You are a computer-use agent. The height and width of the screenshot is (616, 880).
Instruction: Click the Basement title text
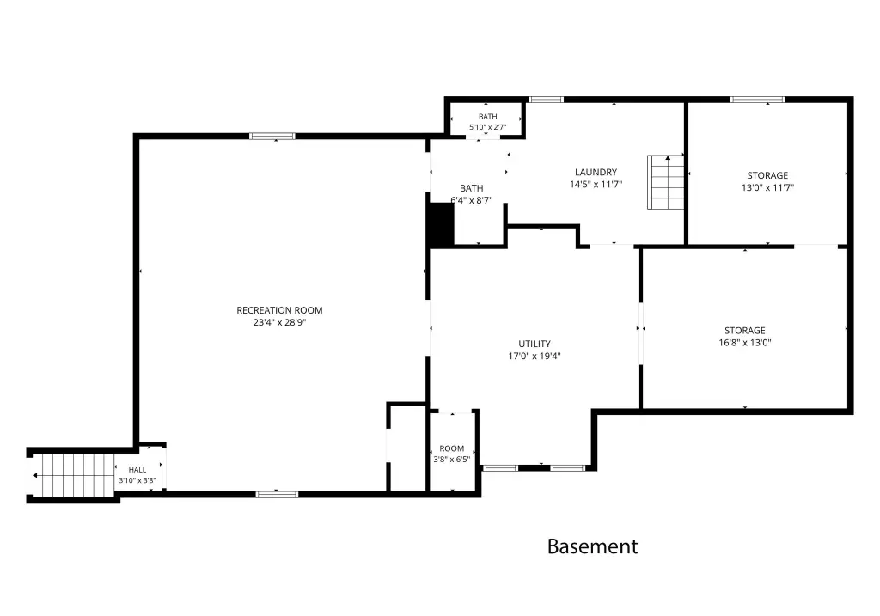click(592, 546)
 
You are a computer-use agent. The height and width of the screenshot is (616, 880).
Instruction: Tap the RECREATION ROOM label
click(279, 310)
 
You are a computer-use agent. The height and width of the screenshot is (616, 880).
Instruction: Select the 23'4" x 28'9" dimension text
click(279, 322)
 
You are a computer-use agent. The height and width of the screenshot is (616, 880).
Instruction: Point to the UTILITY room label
click(535, 344)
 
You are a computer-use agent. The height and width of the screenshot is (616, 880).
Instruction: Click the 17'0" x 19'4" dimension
click(535, 356)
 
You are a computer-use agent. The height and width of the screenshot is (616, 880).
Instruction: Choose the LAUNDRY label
click(596, 172)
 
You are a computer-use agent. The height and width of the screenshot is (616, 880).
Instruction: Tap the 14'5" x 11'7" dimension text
click(596, 184)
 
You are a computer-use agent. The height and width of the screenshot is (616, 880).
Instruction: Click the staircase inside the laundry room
click(666, 182)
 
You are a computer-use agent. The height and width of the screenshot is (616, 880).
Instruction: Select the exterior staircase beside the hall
click(73, 475)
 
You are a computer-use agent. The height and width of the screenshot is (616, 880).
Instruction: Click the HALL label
click(137, 470)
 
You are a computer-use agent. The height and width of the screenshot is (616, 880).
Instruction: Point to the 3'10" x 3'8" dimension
click(137, 480)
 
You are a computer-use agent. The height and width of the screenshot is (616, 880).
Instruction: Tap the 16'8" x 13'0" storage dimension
click(745, 342)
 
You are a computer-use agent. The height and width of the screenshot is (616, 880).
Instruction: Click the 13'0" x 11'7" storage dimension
click(767, 187)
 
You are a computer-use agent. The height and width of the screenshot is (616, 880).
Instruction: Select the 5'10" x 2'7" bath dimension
click(488, 127)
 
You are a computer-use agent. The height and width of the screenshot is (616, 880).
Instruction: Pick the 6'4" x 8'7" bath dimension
click(472, 199)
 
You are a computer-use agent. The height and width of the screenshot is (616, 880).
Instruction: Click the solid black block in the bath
click(441, 224)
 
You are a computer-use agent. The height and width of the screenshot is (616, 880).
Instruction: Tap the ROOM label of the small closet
click(452, 448)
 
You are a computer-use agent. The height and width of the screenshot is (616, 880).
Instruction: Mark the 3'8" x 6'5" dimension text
click(452, 460)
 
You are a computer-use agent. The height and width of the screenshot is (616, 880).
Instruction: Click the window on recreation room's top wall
click(272, 136)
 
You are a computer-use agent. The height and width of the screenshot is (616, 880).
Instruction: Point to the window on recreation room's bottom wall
click(278, 494)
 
